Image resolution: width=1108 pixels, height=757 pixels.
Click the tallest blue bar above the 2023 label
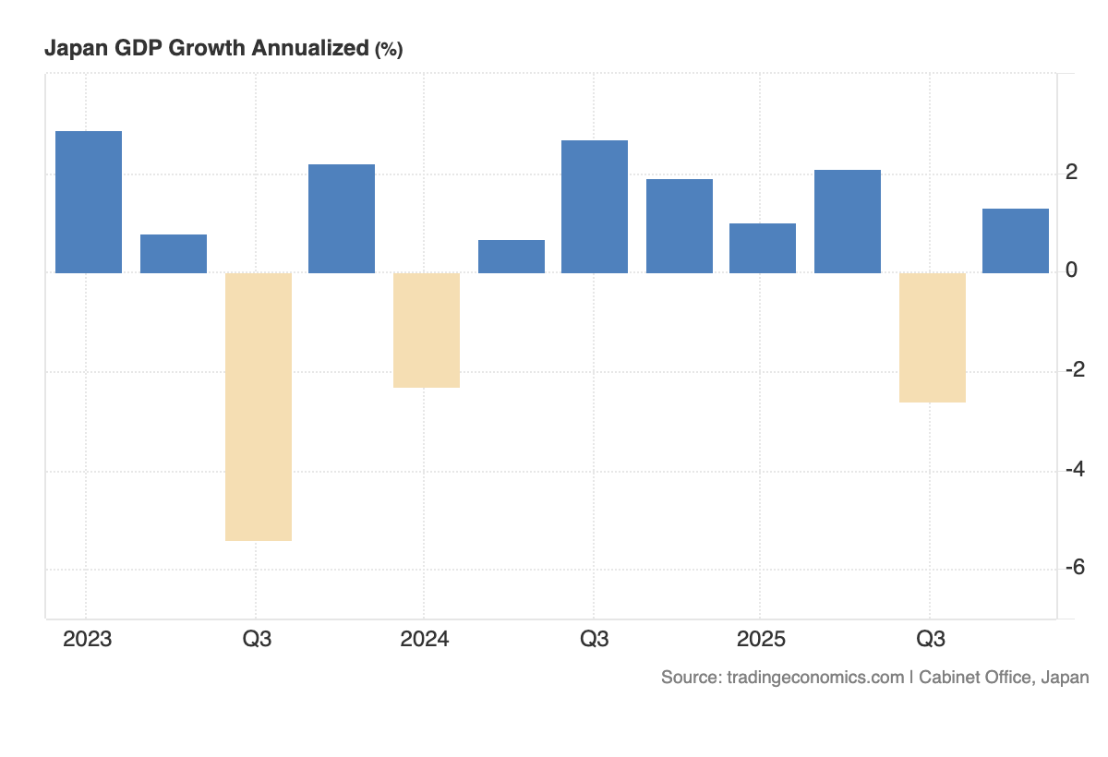coord(89,202)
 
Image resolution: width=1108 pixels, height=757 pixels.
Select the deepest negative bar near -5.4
coord(259,406)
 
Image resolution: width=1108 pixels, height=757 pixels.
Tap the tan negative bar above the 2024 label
coord(427,330)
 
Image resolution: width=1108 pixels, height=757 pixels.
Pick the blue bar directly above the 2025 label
coord(763,248)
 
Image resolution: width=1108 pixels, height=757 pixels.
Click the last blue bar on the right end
coord(1015,241)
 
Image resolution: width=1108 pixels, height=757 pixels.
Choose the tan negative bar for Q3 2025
coord(932,338)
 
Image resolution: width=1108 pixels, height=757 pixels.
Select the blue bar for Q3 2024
coord(595,207)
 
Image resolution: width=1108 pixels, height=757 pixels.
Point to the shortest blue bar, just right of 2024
coord(512,257)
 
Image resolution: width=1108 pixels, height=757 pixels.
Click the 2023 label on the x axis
coord(87,640)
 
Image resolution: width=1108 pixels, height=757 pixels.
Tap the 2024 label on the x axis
coord(425,640)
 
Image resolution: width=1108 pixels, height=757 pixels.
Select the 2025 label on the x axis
coord(761,640)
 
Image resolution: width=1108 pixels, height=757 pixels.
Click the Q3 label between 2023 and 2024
coord(257,640)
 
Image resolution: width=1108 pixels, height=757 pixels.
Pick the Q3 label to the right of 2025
coord(930,640)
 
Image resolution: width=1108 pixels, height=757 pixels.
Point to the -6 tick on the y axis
coord(1074,568)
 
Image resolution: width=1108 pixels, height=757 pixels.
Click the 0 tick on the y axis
coord(1072,271)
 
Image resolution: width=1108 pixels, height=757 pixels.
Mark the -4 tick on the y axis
coord(1074,469)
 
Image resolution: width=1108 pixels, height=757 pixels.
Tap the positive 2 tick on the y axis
coord(1072,173)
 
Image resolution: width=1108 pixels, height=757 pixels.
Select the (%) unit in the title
coord(388,51)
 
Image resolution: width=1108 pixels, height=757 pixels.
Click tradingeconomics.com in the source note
coord(815,678)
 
